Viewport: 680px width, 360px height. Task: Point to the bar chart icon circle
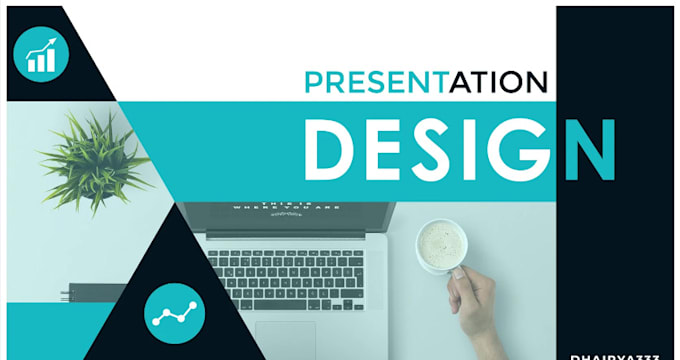(x=41, y=51)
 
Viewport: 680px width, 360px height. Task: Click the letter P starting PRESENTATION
(x=313, y=82)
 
